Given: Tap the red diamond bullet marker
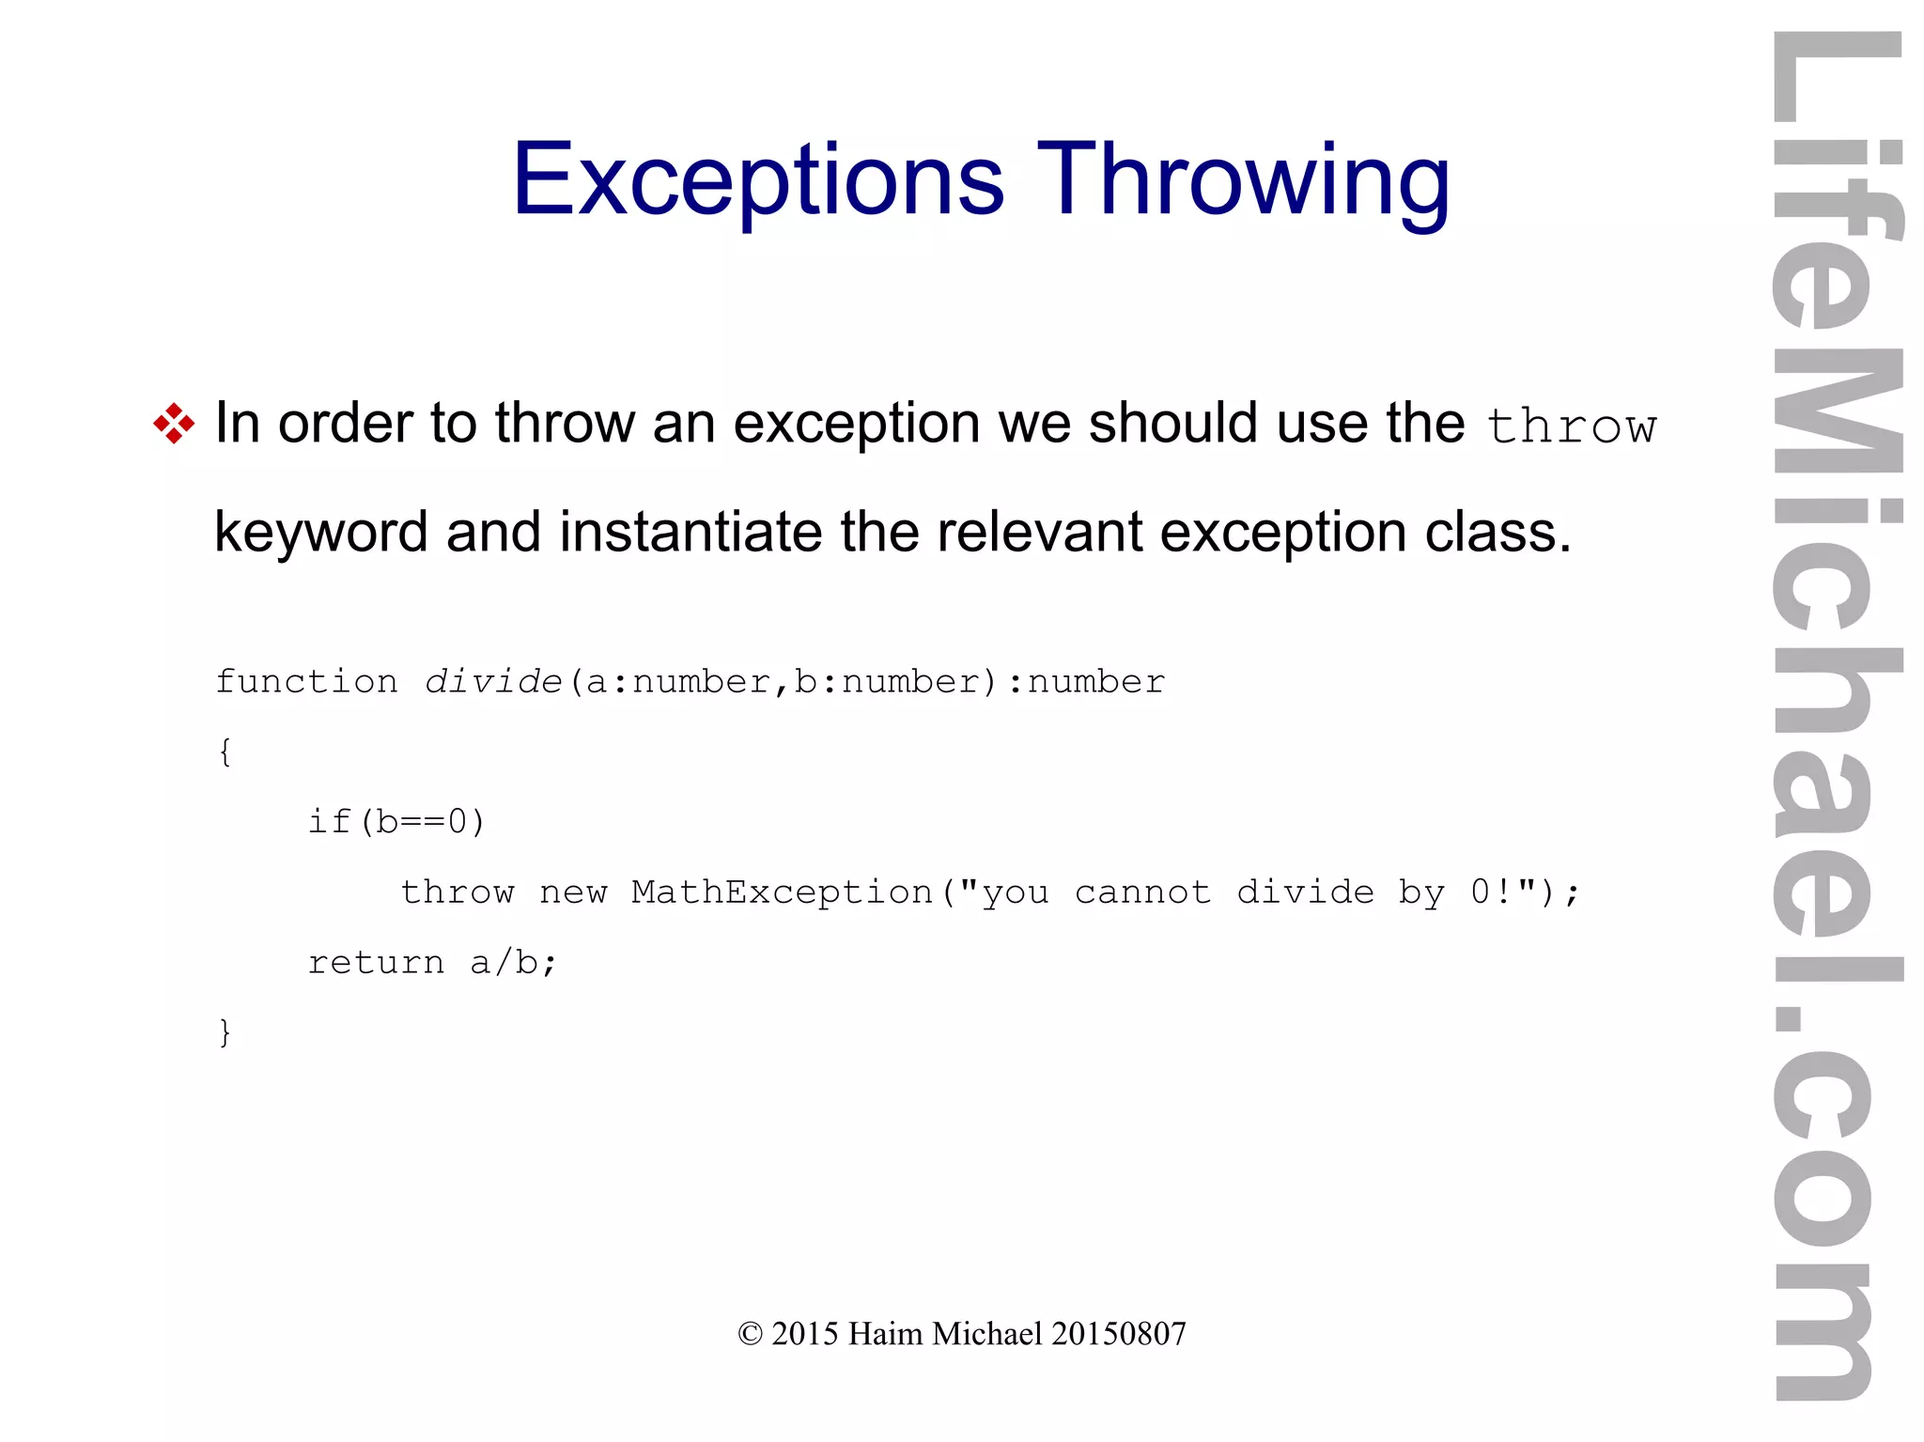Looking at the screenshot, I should coord(174,424).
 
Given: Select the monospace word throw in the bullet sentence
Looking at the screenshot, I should coord(1572,427).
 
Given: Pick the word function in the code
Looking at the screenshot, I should coord(307,681).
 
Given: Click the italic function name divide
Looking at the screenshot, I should coord(493,681).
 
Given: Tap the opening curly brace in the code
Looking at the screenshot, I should coord(225,752).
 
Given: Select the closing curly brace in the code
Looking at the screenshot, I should coord(225,1032).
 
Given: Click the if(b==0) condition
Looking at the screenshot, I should coord(396,822).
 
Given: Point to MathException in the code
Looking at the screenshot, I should coord(782,892).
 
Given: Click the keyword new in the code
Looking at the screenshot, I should coord(573,892).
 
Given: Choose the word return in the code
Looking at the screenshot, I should coord(376,962).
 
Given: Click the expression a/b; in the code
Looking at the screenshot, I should coord(513,962).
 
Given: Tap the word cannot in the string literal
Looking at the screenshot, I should coord(1142,892).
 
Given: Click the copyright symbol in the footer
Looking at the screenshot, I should coord(750,1334).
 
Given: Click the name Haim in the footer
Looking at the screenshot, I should coord(885,1334).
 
